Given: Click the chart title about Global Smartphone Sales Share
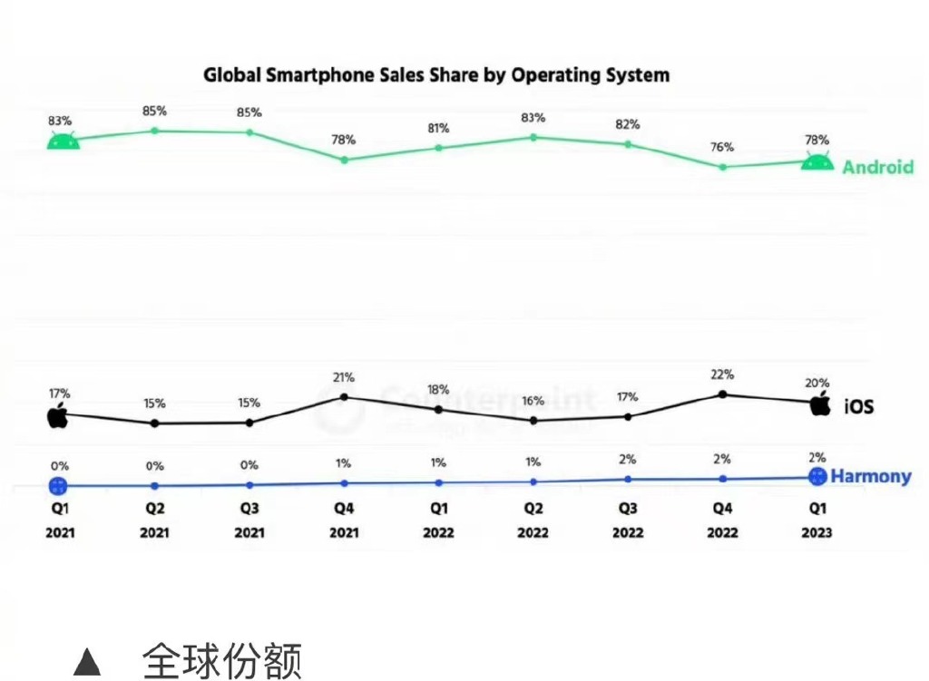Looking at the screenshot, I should (435, 74).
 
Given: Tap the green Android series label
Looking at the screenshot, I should (877, 167).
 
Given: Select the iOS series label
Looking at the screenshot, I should (858, 407).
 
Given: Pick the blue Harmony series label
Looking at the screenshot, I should (871, 476).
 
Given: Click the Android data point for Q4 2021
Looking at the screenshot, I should (344, 160).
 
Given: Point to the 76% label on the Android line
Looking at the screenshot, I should (722, 147).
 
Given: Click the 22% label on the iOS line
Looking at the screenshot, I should (722, 375).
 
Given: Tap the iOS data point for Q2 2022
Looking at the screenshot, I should (533, 421).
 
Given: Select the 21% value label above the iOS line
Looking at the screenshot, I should (343, 377).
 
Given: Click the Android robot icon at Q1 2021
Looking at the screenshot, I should (62, 141).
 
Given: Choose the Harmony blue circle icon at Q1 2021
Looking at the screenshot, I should (58, 485).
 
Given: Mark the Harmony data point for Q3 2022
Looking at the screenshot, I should (628, 479).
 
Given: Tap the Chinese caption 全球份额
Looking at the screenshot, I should (221, 661).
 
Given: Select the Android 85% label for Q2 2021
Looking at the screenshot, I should (154, 112).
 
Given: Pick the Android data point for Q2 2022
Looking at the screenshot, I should (533, 137).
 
